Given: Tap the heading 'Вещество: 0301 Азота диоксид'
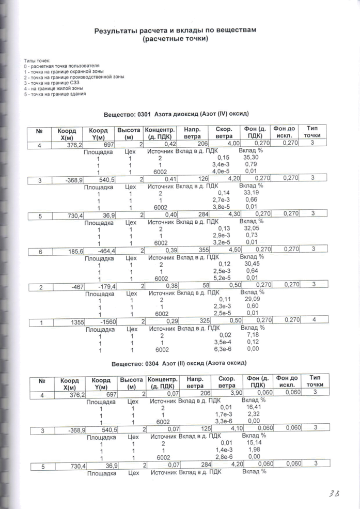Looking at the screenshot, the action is [176, 113].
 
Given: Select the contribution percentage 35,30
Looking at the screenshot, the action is [251, 157].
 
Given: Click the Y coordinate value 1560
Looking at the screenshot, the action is [108, 321].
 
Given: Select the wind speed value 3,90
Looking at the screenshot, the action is [236, 394].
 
